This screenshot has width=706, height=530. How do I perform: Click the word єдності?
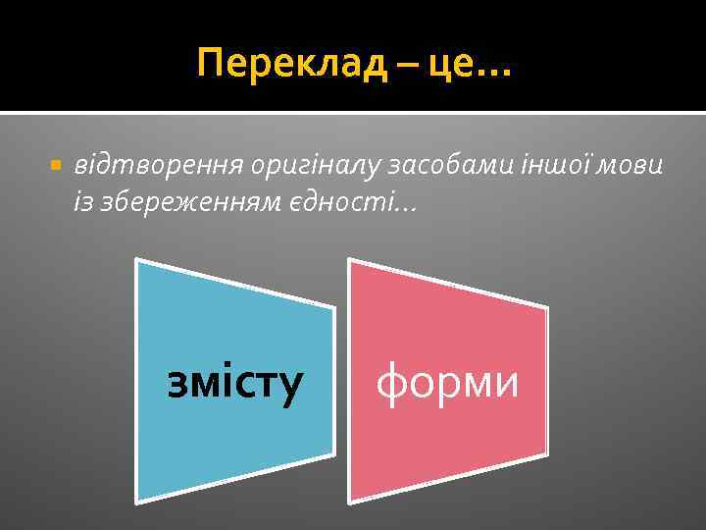pyautogui.click(x=329, y=200)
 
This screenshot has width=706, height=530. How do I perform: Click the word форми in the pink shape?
pyautogui.click(x=447, y=381)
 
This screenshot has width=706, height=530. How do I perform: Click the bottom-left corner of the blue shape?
pyautogui.click(x=136, y=501)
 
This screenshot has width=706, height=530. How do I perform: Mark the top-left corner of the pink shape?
pyautogui.click(x=349, y=259)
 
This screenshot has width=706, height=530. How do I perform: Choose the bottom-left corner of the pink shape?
pyautogui.click(x=350, y=501)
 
